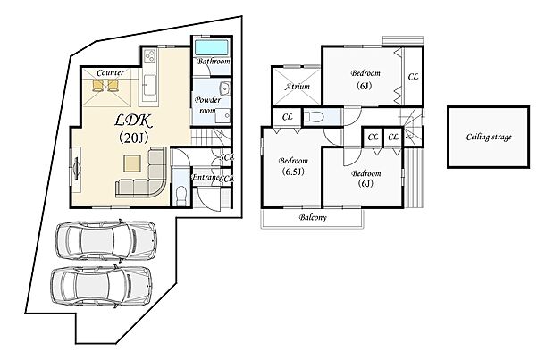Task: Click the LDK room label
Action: (132, 120)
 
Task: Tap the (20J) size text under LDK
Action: (132, 138)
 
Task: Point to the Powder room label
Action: (208, 105)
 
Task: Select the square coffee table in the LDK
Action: (133, 163)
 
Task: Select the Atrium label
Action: (297, 87)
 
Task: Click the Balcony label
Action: (311, 218)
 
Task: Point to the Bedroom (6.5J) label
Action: (290, 165)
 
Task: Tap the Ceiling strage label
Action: (489, 138)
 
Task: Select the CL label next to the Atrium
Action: (288, 117)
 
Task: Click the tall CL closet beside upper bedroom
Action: (413, 77)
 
